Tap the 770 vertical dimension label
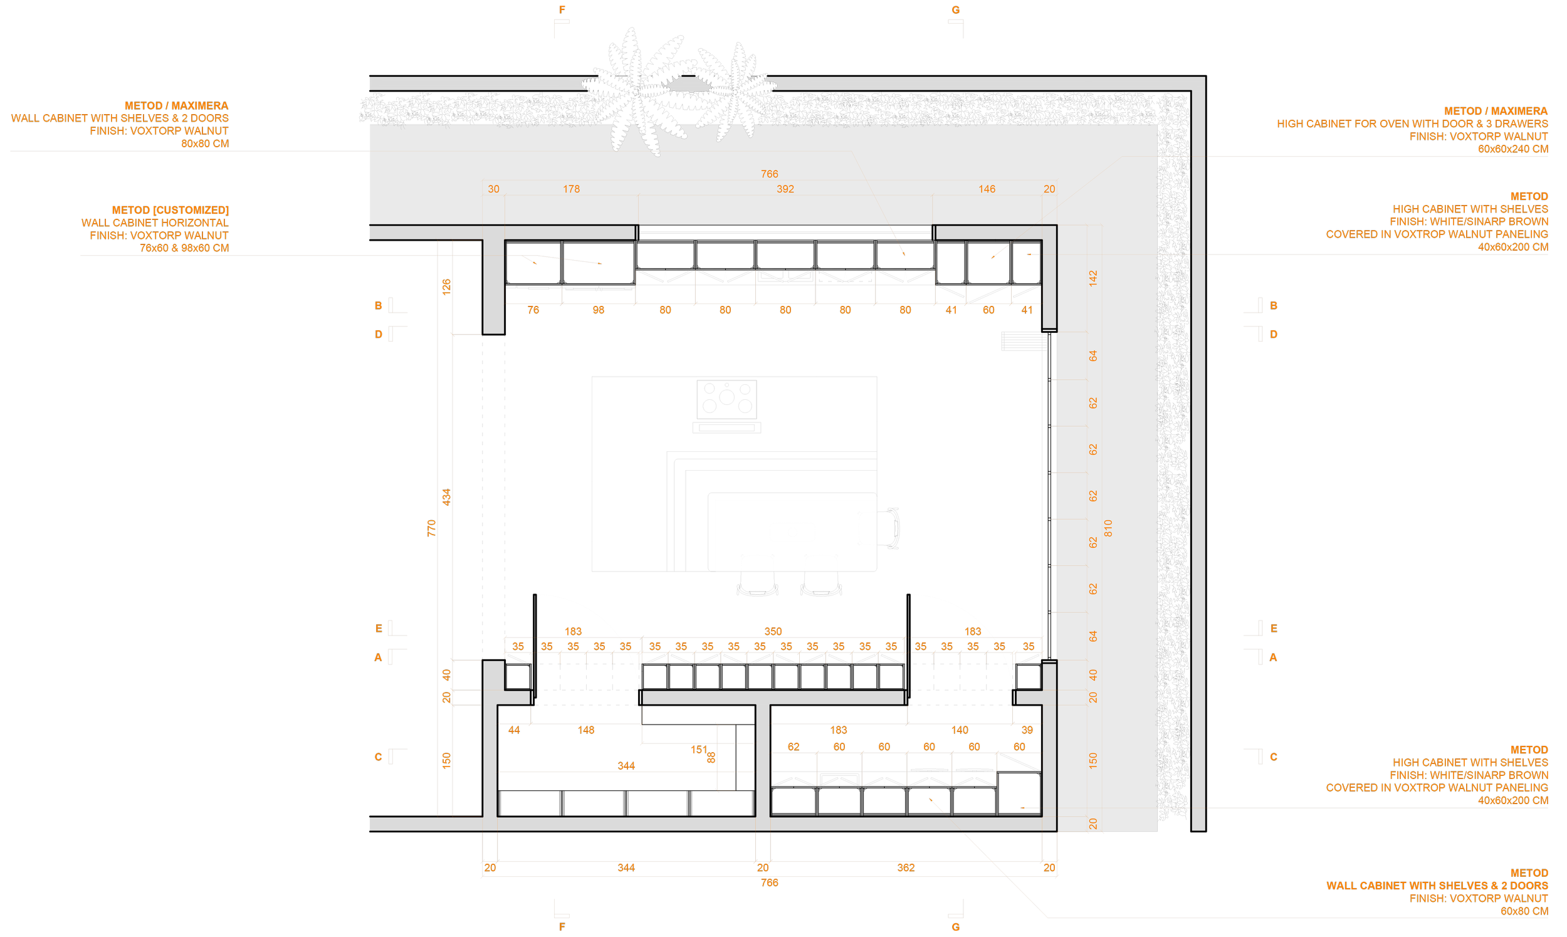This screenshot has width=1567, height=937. [x=432, y=528]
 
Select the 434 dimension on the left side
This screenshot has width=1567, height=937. [x=446, y=497]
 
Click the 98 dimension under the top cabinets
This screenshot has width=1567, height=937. [x=598, y=310]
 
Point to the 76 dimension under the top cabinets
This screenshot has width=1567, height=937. [x=533, y=310]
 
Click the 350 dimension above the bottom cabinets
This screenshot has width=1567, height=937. [x=773, y=631]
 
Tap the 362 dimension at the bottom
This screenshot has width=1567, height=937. [x=905, y=867]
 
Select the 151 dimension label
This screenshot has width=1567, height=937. [x=698, y=750]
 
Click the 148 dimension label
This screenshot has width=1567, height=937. [x=585, y=730]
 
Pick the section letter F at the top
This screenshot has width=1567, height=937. [x=562, y=10]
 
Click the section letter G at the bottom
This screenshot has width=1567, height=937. [x=955, y=927]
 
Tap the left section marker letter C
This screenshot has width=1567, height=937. [x=378, y=757]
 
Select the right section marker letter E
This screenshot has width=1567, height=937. [x=1274, y=628]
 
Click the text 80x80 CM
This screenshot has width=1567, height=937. [x=204, y=144]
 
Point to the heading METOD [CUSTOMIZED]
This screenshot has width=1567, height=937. [x=170, y=210]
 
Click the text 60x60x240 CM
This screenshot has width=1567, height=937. [x=1512, y=149]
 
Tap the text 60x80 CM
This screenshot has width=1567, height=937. [x=1524, y=911]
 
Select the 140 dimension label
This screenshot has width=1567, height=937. [x=959, y=730]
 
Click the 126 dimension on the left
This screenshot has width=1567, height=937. [x=446, y=286]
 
